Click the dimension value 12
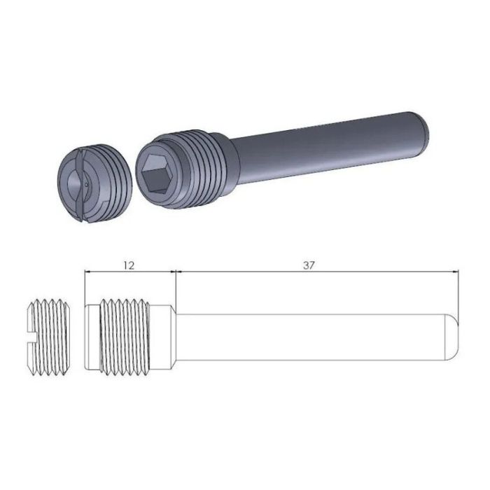tap(128, 265)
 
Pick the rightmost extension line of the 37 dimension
tap(458, 294)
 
